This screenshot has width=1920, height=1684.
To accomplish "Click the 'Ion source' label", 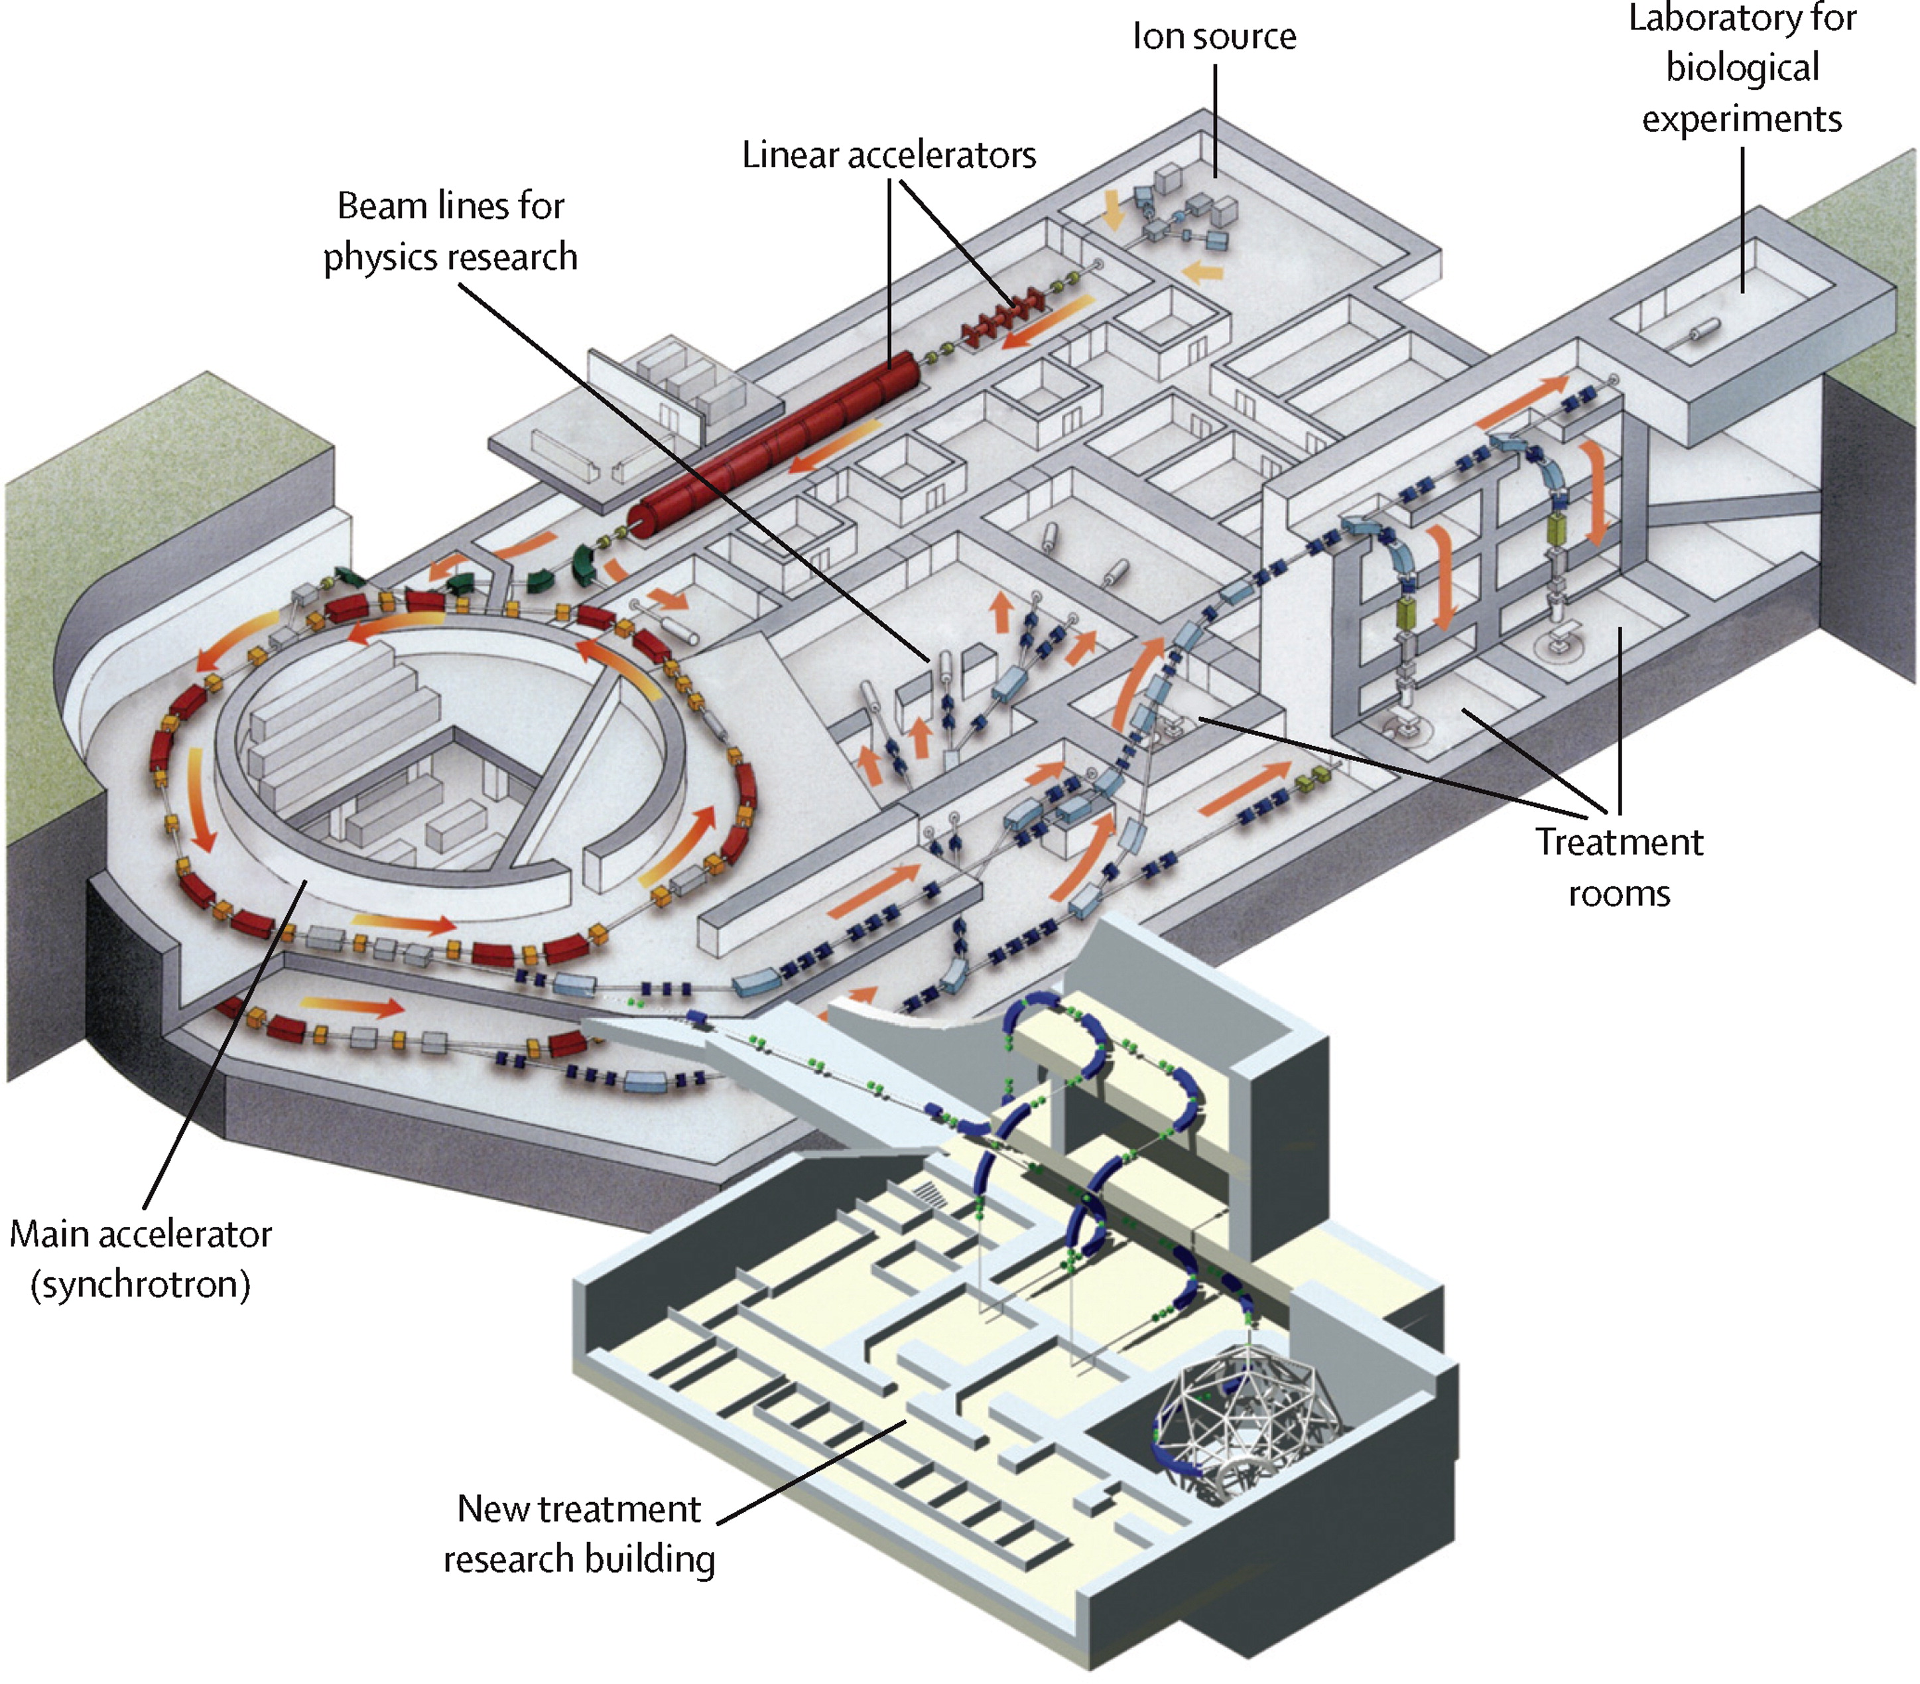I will pyautogui.click(x=1214, y=36).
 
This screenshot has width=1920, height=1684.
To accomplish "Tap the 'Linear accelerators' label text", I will pyautogui.click(x=889, y=155).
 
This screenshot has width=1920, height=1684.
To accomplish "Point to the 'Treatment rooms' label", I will pyautogui.click(x=1618, y=867).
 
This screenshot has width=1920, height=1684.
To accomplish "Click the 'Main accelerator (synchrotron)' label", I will pyautogui.click(x=141, y=1258).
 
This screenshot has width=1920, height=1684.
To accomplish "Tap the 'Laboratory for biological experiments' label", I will pyautogui.click(x=1742, y=68).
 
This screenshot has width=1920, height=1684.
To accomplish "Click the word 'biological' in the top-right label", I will pyautogui.click(x=1742, y=68).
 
